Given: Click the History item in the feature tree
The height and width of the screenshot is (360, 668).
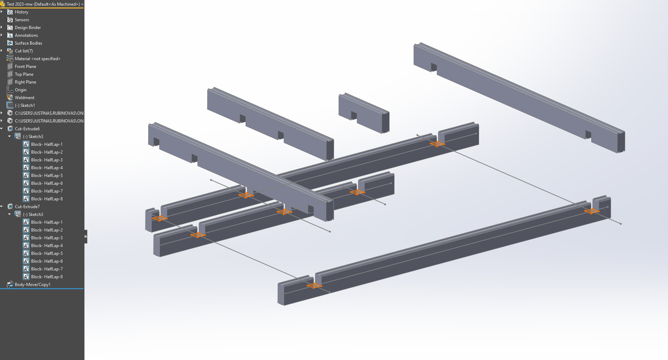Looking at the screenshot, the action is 21,12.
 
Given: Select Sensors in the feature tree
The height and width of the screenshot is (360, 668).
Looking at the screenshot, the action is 22,20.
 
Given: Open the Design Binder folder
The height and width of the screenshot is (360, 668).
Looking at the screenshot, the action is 28,28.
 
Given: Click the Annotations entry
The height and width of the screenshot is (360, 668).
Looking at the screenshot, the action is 26,35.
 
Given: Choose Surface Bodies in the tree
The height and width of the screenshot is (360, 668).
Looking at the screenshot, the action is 28,43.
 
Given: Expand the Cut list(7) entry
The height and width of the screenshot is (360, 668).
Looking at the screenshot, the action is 24,51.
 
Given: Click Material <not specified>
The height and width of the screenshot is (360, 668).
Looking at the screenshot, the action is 38,59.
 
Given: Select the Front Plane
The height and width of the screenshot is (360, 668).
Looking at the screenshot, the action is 25,67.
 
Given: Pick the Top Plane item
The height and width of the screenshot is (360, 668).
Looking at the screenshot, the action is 24,74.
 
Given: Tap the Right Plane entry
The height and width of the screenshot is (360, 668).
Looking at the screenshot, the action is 25,82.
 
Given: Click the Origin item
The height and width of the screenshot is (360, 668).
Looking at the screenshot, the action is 21,90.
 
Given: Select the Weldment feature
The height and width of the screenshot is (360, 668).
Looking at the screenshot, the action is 24,98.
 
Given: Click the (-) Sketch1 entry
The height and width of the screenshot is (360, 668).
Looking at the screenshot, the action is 25,105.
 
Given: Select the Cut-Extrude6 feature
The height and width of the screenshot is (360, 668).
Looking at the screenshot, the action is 27,129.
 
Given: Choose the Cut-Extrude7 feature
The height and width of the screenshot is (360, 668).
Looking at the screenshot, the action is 27,207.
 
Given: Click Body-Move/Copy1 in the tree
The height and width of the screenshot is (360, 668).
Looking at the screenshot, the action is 33,285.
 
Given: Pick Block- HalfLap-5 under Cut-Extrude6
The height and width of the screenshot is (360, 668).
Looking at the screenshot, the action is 47,176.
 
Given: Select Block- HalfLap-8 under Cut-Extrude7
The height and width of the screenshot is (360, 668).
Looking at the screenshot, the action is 47,277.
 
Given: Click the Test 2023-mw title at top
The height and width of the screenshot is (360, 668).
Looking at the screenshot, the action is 43,4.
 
